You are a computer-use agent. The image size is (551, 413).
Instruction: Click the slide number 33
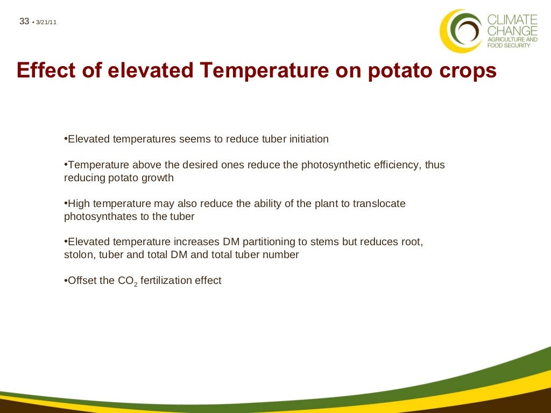click(x=24, y=22)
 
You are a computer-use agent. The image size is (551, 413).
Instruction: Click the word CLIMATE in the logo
click(x=512, y=20)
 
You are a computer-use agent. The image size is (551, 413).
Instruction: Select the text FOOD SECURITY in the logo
click(x=508, y=46)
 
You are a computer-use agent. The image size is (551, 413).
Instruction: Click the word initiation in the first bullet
click(x=306, y=139)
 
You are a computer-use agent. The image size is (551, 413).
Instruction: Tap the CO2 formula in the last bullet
click(x=128, y=281)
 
